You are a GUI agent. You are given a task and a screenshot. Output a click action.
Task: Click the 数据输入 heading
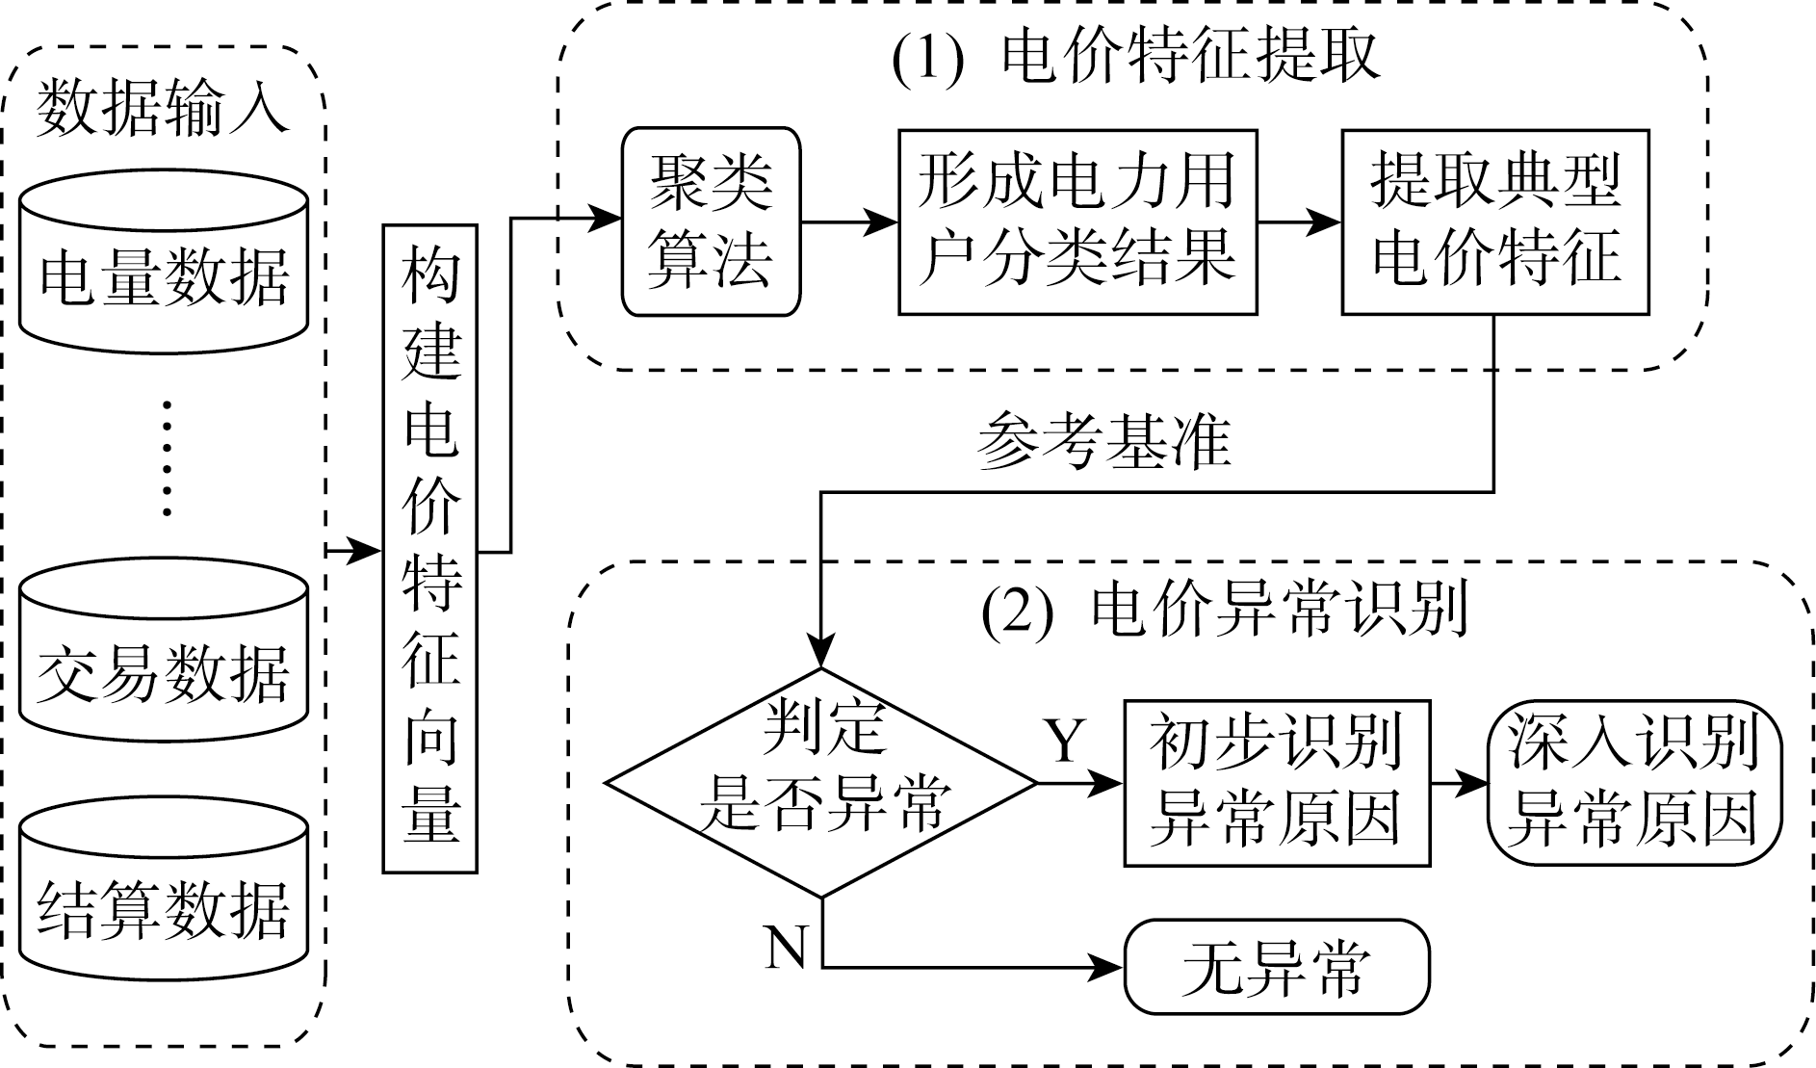[164, 107]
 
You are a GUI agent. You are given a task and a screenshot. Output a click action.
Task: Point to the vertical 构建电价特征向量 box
[430, 549]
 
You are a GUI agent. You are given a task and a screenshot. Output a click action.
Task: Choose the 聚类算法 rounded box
[711, 221]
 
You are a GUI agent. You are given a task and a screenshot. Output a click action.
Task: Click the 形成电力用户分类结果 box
[1077, 221]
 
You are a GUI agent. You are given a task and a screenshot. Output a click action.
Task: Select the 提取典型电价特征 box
[1494, 221]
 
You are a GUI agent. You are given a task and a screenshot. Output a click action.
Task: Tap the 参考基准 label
[1104, 444]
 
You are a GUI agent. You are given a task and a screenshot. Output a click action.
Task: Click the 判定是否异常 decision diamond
[821, 782]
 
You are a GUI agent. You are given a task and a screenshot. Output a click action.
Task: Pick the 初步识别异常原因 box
[1277, 782]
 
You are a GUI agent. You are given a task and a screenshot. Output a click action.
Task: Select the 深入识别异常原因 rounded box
[1634, 782]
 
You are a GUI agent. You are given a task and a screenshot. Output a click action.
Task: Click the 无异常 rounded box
[1277, 967]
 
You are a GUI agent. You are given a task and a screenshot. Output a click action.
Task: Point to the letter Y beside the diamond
[1065, 740]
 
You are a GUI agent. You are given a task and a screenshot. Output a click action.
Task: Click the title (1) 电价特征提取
[1136, 58]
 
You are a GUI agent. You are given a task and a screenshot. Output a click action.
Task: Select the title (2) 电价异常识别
[1225, 610]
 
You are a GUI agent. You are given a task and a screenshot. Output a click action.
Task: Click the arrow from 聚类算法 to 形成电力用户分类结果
[849, 221]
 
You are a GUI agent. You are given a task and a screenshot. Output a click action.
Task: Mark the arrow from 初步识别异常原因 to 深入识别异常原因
[1459, 782]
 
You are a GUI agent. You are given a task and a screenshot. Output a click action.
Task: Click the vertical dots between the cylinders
[168, 458]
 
